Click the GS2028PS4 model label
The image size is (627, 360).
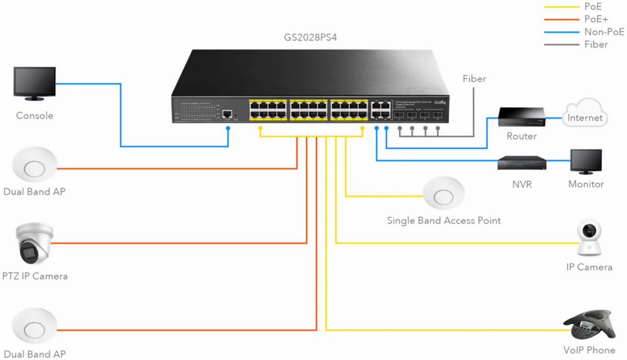pyautogui.click(x=310, y=36)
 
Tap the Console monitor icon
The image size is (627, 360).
pyautogui.click(x=34, y=84)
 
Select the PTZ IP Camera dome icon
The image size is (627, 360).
pyautogui.click(x=34, y=244)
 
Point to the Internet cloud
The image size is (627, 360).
pyautogui.click(x=585, y=114)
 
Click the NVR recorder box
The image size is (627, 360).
pyautogui.click(x=521, y=163)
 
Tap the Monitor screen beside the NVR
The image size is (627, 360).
pyautogui.click(x=586, y=161)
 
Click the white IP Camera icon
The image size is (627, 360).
pyautogui.click(x=589, y=238)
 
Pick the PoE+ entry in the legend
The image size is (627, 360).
pyautogui.click(x=596, y=19)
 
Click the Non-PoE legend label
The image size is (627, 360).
pyautogui.click(x=604, y=32)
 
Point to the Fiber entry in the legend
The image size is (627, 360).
pyautogui.click(x=596, y=45)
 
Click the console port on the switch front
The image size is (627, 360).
pyautogui.click(x=227, y=114)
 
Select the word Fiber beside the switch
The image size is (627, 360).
pyautogui.click(x=474, y=79)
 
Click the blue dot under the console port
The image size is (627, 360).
pyautogui.click(x=228, y=128)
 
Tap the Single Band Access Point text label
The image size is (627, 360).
pyautogui.click(x=443, y=221)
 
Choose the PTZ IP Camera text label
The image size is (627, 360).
pyautogui.click(x=36, y=276)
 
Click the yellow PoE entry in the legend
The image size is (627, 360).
pyautogui.click(x=593, y=6)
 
